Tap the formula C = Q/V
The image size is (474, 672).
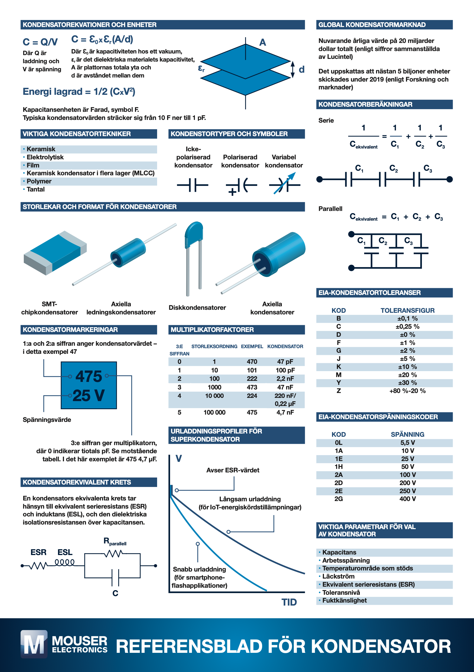point(40,42)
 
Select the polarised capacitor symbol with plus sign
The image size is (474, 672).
point(241,185)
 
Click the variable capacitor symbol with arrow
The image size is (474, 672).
point(284,184)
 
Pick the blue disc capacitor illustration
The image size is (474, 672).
point(194,234)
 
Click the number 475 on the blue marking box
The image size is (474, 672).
point(89,377)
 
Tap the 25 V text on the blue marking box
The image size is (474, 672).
point(89,395)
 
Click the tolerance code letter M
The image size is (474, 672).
point(338,375)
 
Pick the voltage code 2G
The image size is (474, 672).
point(338,499)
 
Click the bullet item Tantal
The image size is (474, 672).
point(36,189)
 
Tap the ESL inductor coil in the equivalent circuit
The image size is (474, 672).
point(65,563)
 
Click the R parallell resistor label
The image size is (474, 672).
point(115,542)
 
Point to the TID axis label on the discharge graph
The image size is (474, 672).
point(289,602)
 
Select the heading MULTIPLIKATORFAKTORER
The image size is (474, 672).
point(212,330)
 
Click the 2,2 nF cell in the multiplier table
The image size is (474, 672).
point(285,379)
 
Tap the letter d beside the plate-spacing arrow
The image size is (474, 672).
point(301,69)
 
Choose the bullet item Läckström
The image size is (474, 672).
point(338,576)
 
